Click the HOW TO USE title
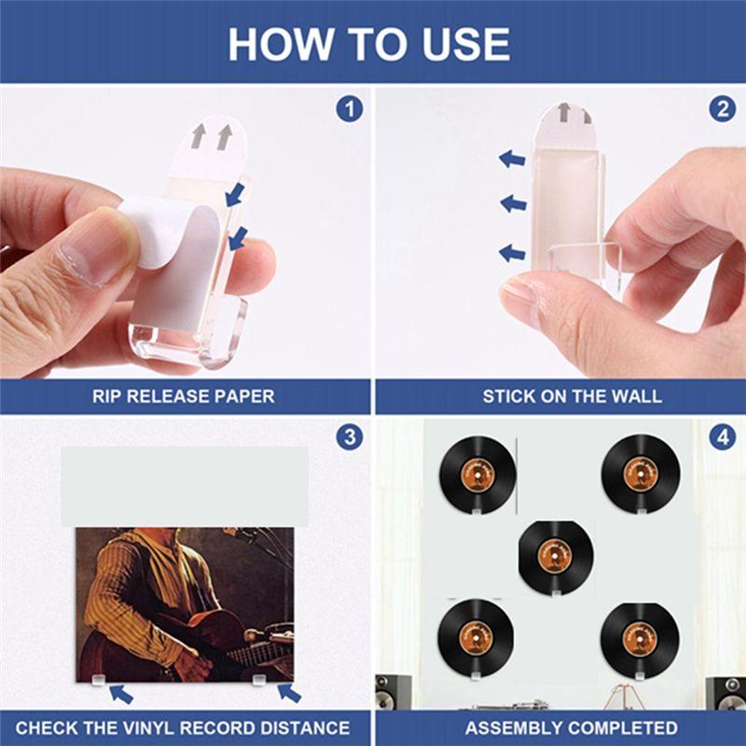[370, 43]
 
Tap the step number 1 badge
[349, 109]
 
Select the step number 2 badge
[722, 109]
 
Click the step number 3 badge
[349, 436]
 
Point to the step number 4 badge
[722, 436]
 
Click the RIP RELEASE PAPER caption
[184, 396]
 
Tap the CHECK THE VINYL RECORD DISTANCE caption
[183, 727]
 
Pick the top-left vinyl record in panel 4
[477, 473]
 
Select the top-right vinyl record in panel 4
[639, 473]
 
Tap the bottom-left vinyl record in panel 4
[477, 636]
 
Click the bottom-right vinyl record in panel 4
[639, 636]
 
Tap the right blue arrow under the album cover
[289, 693]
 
